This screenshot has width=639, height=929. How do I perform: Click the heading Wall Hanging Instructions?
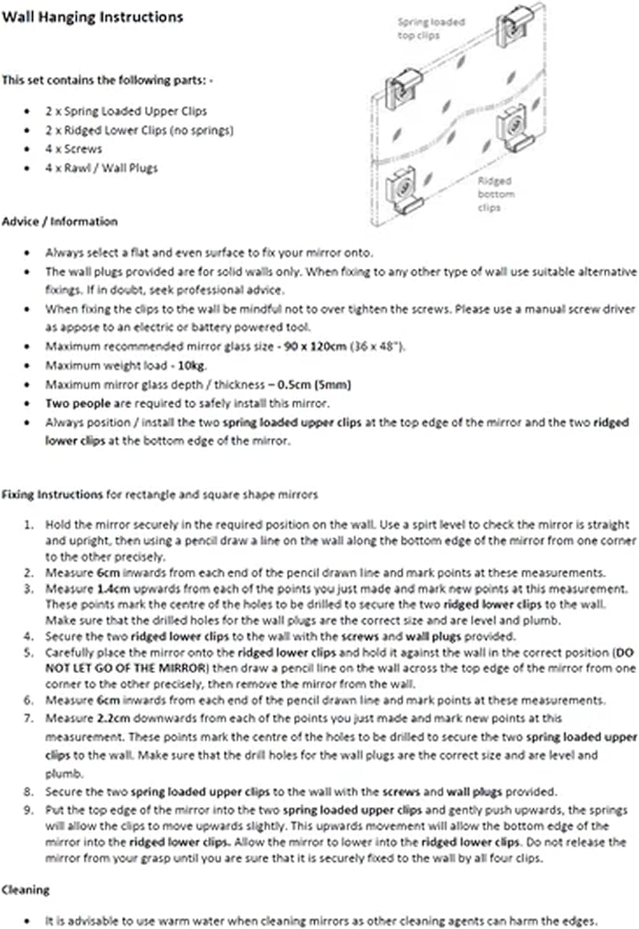pos(92,17)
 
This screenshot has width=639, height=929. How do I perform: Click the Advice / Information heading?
pos(59,221)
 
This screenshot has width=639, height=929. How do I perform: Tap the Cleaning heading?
pos(25,890)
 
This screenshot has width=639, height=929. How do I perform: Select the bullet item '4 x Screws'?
pos(73,149)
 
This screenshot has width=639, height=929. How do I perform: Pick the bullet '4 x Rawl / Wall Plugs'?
pos(101,168)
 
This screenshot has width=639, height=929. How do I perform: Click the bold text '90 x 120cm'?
pos(315,346)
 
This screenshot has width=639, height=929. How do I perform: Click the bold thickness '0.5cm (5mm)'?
pos(314,385)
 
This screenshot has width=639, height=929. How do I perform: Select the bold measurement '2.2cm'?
pos(114,718)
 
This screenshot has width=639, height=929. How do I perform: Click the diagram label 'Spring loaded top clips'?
pos(431,28)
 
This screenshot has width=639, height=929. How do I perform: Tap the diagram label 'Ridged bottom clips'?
pos(495,194)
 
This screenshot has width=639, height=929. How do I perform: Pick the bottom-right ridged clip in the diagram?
pos(514,129)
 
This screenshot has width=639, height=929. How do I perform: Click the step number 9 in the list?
pos(28,810)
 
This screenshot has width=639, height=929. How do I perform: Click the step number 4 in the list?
pos(28,636)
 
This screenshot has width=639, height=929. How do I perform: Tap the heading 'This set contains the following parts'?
pos(107,80)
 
